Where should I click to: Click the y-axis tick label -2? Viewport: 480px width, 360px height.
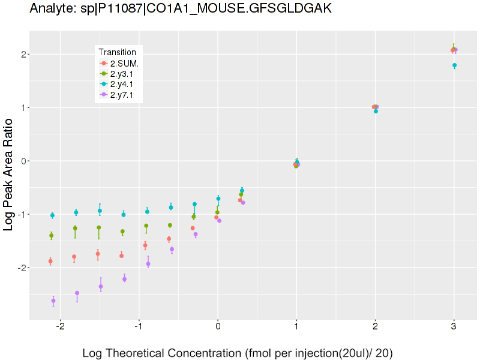click(18, 268)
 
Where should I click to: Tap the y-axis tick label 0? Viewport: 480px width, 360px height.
click(20, 161)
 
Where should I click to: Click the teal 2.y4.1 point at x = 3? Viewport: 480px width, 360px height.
click(455, 65)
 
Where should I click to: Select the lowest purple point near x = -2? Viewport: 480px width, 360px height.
click(53, 301)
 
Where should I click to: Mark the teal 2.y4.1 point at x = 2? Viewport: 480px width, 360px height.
click(376, 111)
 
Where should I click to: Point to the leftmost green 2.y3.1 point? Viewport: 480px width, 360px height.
click(52, 236)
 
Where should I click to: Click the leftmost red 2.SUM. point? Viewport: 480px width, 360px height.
click(50, 261)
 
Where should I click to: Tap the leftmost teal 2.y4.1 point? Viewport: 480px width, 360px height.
click(52, 215)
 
